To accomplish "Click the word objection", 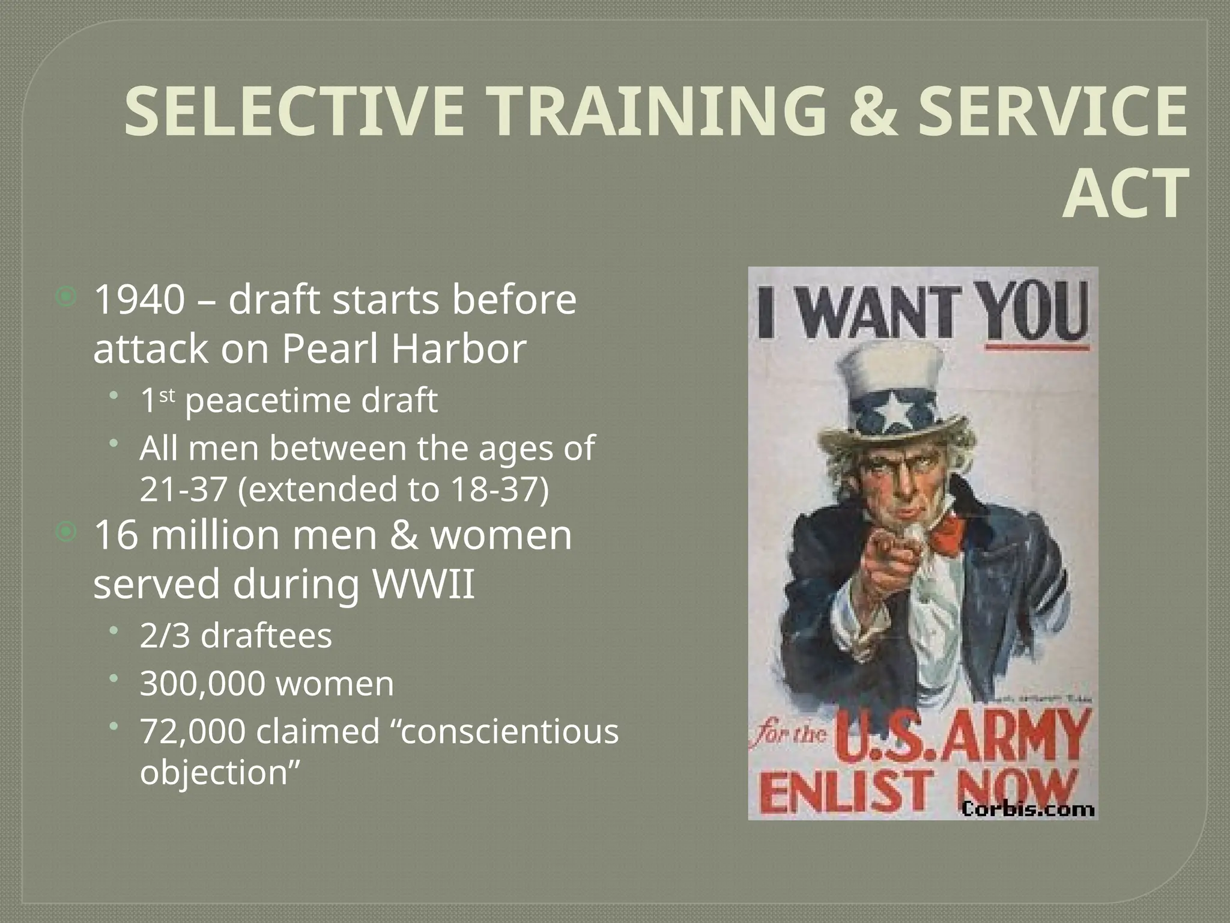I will coord(213,773).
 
